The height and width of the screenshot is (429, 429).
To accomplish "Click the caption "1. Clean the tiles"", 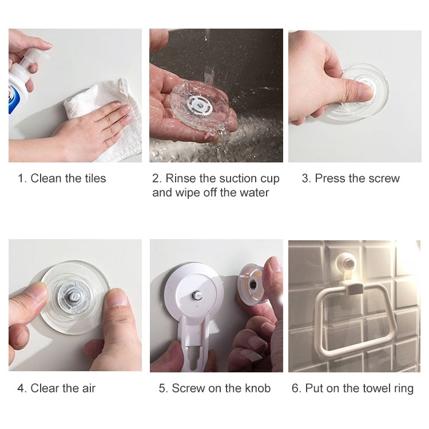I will pyautogui.click(x=62, y=178).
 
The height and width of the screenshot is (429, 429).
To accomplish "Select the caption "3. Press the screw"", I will pyautogui.click(x=351, y=178).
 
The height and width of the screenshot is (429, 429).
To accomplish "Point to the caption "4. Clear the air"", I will pyautogui.click(x=56, y=388).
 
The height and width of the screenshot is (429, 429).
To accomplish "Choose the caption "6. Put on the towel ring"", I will pyautogui.click(x=352, y=388).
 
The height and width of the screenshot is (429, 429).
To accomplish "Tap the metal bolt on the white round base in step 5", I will pyautogui.click(x=196, y=296).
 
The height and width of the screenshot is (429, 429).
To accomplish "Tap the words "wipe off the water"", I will pyautogui.click(x=210, y=193).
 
